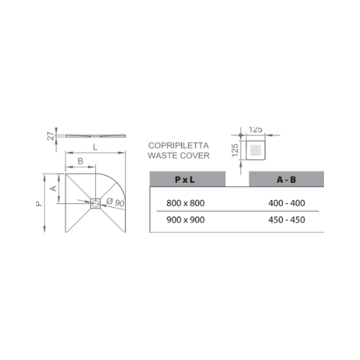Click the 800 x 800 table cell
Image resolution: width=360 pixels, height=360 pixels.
(186, 203)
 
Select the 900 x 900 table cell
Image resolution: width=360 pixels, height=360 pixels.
(186, 220)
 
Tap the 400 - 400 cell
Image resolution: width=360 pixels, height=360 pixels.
(287, 203)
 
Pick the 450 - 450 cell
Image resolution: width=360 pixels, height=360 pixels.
(287, 220)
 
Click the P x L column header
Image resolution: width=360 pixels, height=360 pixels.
(185, 179)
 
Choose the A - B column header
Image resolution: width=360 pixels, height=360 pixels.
(287, 179)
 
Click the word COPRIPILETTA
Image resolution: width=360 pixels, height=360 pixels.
(179, 145)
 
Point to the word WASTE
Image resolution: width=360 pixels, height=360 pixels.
(163, 156)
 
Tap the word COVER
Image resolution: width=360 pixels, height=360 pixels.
(194, 156)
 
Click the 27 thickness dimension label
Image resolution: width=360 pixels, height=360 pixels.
(50, 136)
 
